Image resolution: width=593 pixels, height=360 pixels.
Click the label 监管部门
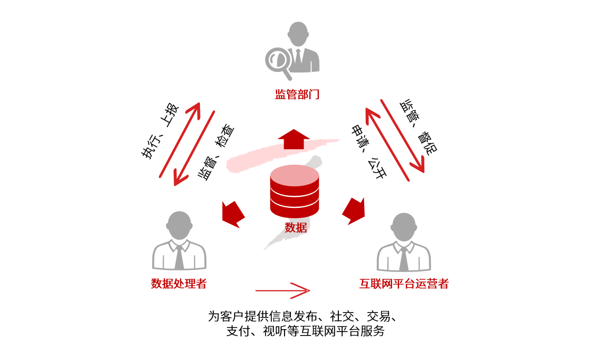click(297, 94)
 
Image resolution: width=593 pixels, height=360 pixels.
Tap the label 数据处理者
click(179, 283)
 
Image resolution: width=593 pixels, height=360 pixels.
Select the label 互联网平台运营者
click(404, 284)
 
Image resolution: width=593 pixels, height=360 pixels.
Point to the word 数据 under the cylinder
click(295, 227)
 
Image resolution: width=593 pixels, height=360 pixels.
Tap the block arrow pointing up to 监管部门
click(293, 139)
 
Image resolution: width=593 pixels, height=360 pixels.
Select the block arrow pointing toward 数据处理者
click(233, 214)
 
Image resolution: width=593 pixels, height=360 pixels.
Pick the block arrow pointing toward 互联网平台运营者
click(354, 210)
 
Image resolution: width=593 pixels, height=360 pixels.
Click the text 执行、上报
click(161, 131)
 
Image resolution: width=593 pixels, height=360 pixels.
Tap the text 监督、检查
click(215, 153)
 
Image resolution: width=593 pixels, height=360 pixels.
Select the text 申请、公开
click(369, 151)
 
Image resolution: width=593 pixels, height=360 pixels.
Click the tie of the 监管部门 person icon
click(298, 59)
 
